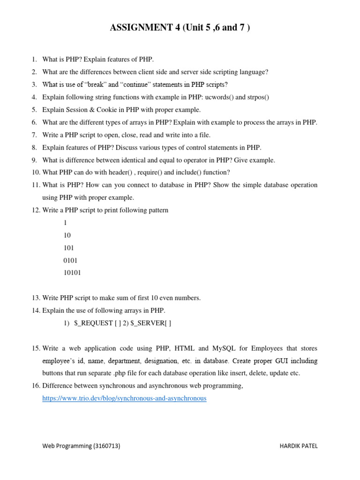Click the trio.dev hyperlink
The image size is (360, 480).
pyautogui.click(x=124, y=398)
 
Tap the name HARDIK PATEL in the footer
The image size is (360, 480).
pyautogui.click(x=298, y=446)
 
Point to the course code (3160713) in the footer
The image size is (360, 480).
pyautogui.click(x=106, y=446)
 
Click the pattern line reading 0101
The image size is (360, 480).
pyautogui.click(x=70, y=260)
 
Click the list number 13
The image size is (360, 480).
pyautogui.click(x=36, y=298)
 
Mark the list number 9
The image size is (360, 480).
pyautogui.click(x=35, y=160)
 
